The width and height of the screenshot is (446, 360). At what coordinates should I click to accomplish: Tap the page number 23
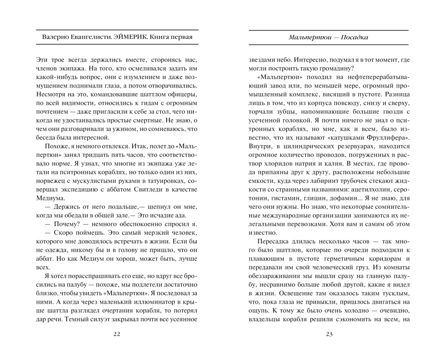330,335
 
